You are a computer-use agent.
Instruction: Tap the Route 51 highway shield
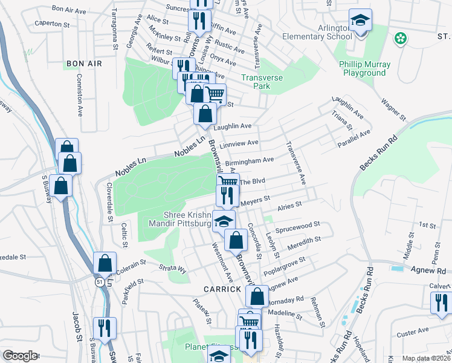click(x=98, y=281)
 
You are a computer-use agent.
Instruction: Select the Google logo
click(x=20, y=356)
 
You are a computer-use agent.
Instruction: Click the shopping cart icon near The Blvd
click(x=228, y=181)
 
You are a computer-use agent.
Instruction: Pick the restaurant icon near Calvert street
click(x=442, y=302)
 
